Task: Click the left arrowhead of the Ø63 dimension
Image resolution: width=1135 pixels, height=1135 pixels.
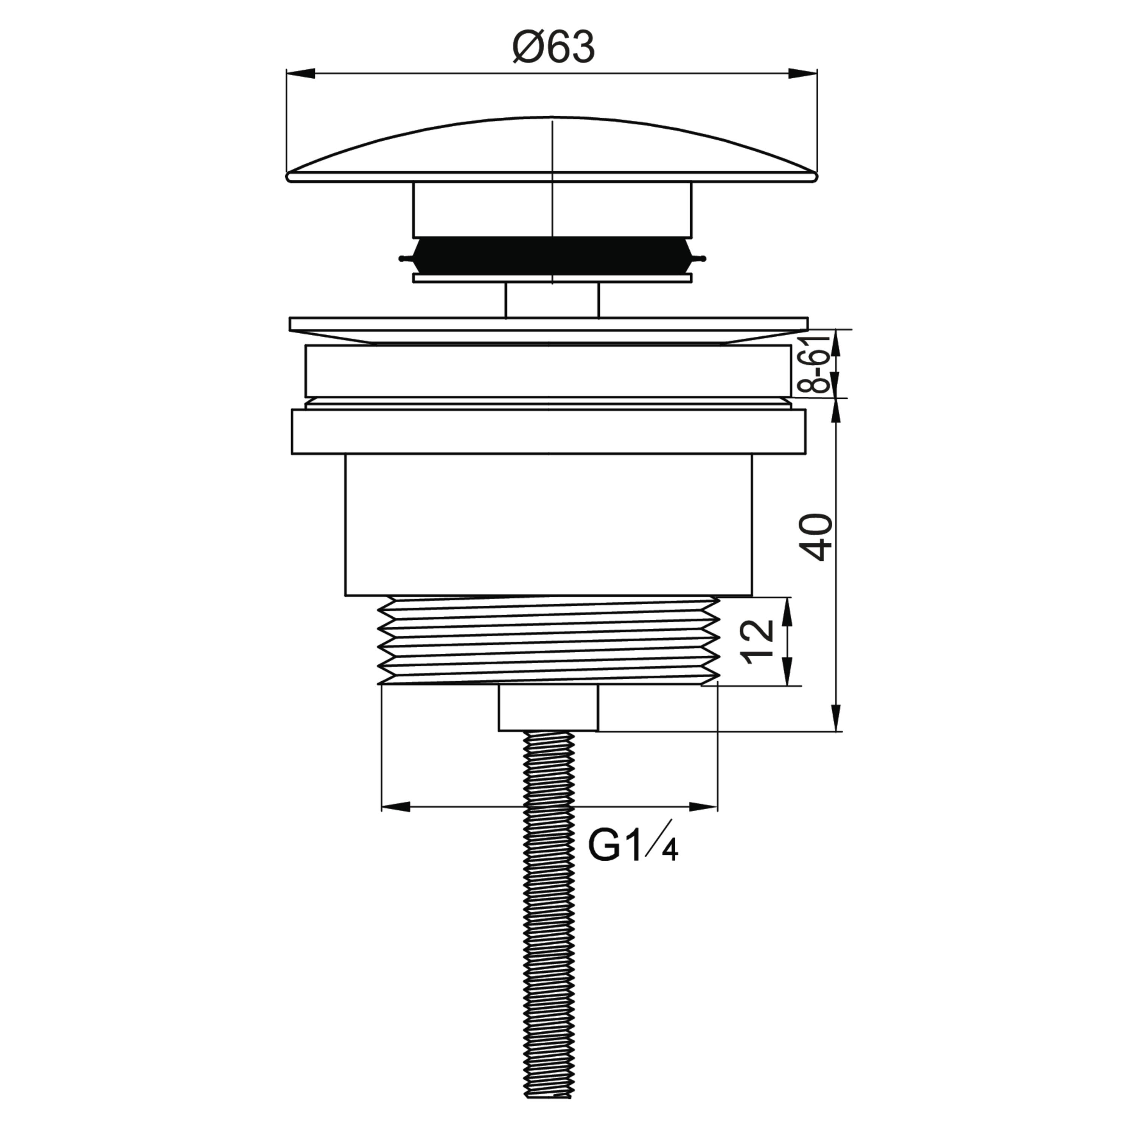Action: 300,73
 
